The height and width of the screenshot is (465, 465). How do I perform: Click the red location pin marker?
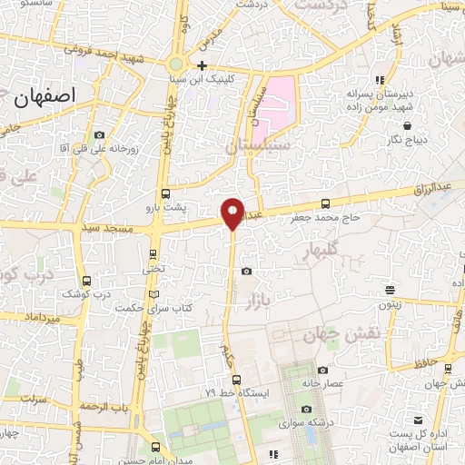tap(232, 213)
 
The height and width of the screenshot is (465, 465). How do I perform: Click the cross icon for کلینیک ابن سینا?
tap(202, 65)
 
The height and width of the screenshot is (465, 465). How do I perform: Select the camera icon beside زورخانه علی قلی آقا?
tap(99, 135)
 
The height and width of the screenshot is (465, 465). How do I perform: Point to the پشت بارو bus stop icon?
tap(164, 193)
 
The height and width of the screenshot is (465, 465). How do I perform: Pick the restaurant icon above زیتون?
tap(390, 291)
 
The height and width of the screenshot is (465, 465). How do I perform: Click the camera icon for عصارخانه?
tap(323, 370)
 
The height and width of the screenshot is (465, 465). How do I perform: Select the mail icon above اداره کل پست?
tap(417, 420)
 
